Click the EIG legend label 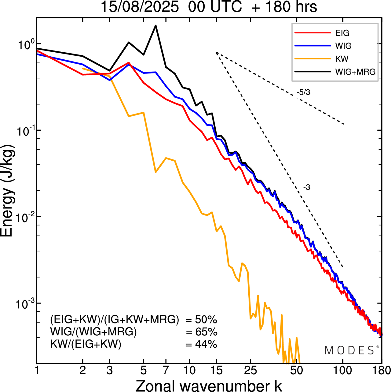click(342, 33)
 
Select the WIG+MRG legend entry click(355, 72)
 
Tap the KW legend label click(342, 59)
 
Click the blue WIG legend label click(343, 46)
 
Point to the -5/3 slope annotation click(303, 92)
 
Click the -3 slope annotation click(307, 188)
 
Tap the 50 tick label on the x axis click(296, 371)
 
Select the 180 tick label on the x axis click(381, 371)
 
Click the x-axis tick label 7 click(166, 371)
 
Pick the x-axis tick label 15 click(216, 371)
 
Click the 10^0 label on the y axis click(24, 45)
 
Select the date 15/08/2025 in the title click(140, 7)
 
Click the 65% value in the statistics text click(206, 332)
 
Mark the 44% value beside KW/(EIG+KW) click(206, 344)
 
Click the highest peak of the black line click(155, 25)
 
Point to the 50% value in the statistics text click(206, 320)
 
